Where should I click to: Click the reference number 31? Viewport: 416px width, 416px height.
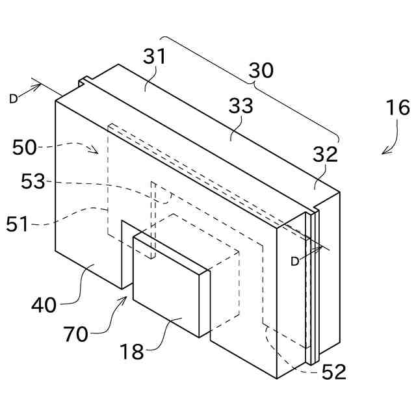coord(155,58)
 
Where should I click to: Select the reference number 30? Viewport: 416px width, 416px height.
coord(261,71)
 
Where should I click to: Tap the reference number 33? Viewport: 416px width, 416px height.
coord(240,107)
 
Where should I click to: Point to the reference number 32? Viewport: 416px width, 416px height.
coord(325,155)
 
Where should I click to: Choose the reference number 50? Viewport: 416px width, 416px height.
coord(25,147)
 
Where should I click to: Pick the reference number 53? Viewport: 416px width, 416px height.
coord(32,181)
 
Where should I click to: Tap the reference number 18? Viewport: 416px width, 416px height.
coord(131,352)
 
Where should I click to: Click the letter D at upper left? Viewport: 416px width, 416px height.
coord(14,98)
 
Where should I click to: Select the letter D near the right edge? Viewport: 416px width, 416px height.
coord(294,261)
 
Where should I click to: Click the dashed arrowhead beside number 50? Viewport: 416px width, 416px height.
coord(95,151)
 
